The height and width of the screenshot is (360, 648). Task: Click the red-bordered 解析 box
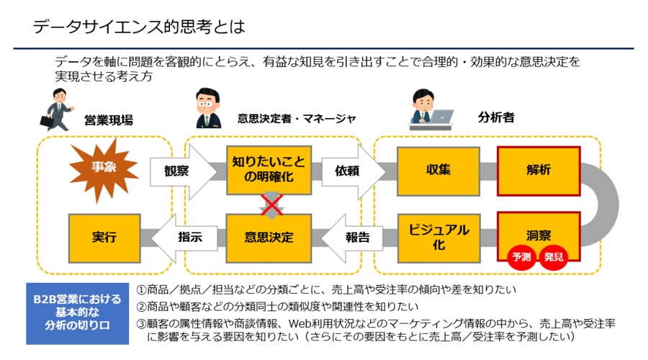(x=539, y=171)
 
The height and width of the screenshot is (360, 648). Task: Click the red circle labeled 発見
(x=554, y=256)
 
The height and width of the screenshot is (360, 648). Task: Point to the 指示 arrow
(x=181, y=237)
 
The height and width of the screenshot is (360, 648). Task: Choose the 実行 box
(x=104, y=237)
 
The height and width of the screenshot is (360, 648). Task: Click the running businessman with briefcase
(x=58, y=109)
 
